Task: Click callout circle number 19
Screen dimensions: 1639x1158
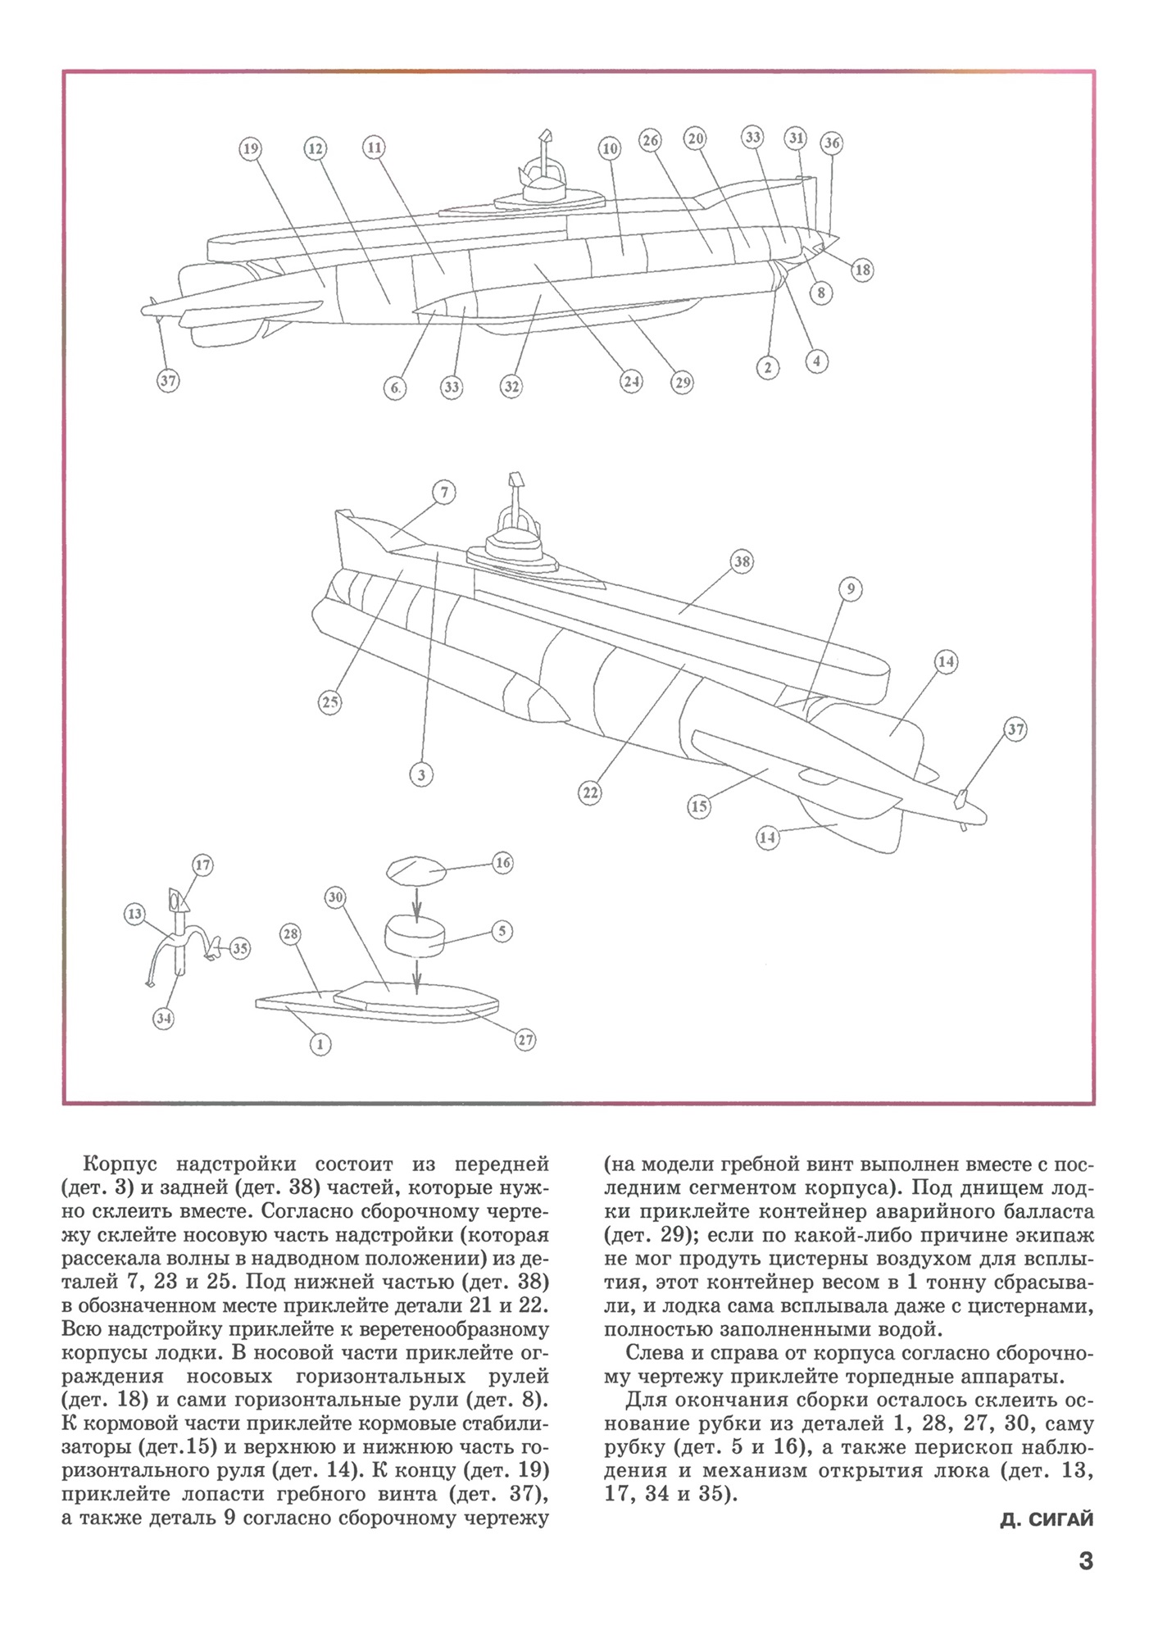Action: (250, 148)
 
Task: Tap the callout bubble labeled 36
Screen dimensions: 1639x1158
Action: (832, 143)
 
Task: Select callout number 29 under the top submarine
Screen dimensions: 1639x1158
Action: (682, 382)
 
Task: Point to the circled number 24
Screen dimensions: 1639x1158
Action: (630, 381)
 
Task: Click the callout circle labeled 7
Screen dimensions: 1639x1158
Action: (443, 493)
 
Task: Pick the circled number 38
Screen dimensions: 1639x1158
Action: (742, 562)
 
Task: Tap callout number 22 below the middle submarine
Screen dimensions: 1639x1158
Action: (590, 792)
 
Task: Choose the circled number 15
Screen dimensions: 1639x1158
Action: (698, 806)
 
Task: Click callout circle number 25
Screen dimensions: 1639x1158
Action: (329, 702)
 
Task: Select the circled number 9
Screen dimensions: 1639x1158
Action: (851, 588)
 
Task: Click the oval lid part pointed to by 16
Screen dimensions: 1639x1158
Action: (416, 870)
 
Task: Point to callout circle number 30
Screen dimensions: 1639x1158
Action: (334, 897)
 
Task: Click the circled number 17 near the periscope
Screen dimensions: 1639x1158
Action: (202, 865)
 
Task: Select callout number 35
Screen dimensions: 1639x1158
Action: (239, 949)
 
